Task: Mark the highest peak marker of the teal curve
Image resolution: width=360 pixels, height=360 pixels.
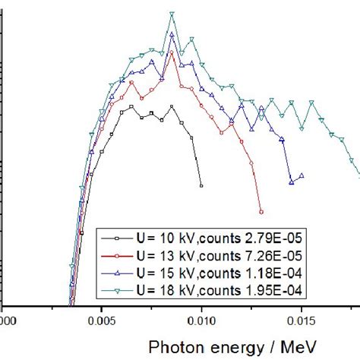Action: click(x=172, y=14)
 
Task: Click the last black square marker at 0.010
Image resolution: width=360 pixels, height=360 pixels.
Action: click(x=201, y=185)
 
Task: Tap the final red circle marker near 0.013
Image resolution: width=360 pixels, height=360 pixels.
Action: click(x=261, y=212)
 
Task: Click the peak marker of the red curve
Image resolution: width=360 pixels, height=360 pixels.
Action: click(x=172, y=53)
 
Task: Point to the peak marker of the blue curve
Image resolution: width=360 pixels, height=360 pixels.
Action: click(x=172, y=35)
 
